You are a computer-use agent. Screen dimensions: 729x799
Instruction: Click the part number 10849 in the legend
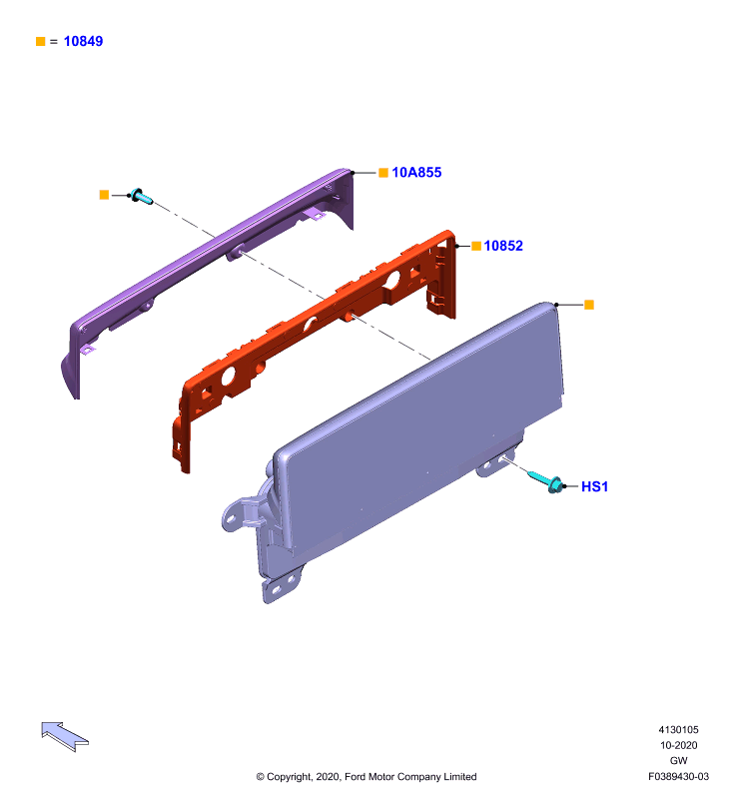tap(83, 41)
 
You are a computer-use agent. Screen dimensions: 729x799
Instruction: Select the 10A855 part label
tap(416, 172)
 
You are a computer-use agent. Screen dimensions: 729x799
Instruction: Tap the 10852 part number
tap(503, 246)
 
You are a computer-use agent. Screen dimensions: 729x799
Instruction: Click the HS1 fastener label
tap(594, 486)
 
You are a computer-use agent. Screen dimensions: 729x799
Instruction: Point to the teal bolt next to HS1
tap(545, 481)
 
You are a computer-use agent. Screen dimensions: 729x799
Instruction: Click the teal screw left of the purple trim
tap(141, 196)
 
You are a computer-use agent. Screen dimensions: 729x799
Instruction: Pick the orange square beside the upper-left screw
tap(104, 195)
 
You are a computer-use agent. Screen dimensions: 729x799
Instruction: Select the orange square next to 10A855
tap(383, 173)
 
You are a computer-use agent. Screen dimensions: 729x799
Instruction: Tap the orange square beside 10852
tap(476, 246)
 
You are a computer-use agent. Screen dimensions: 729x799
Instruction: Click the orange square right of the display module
tap(589, 305)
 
